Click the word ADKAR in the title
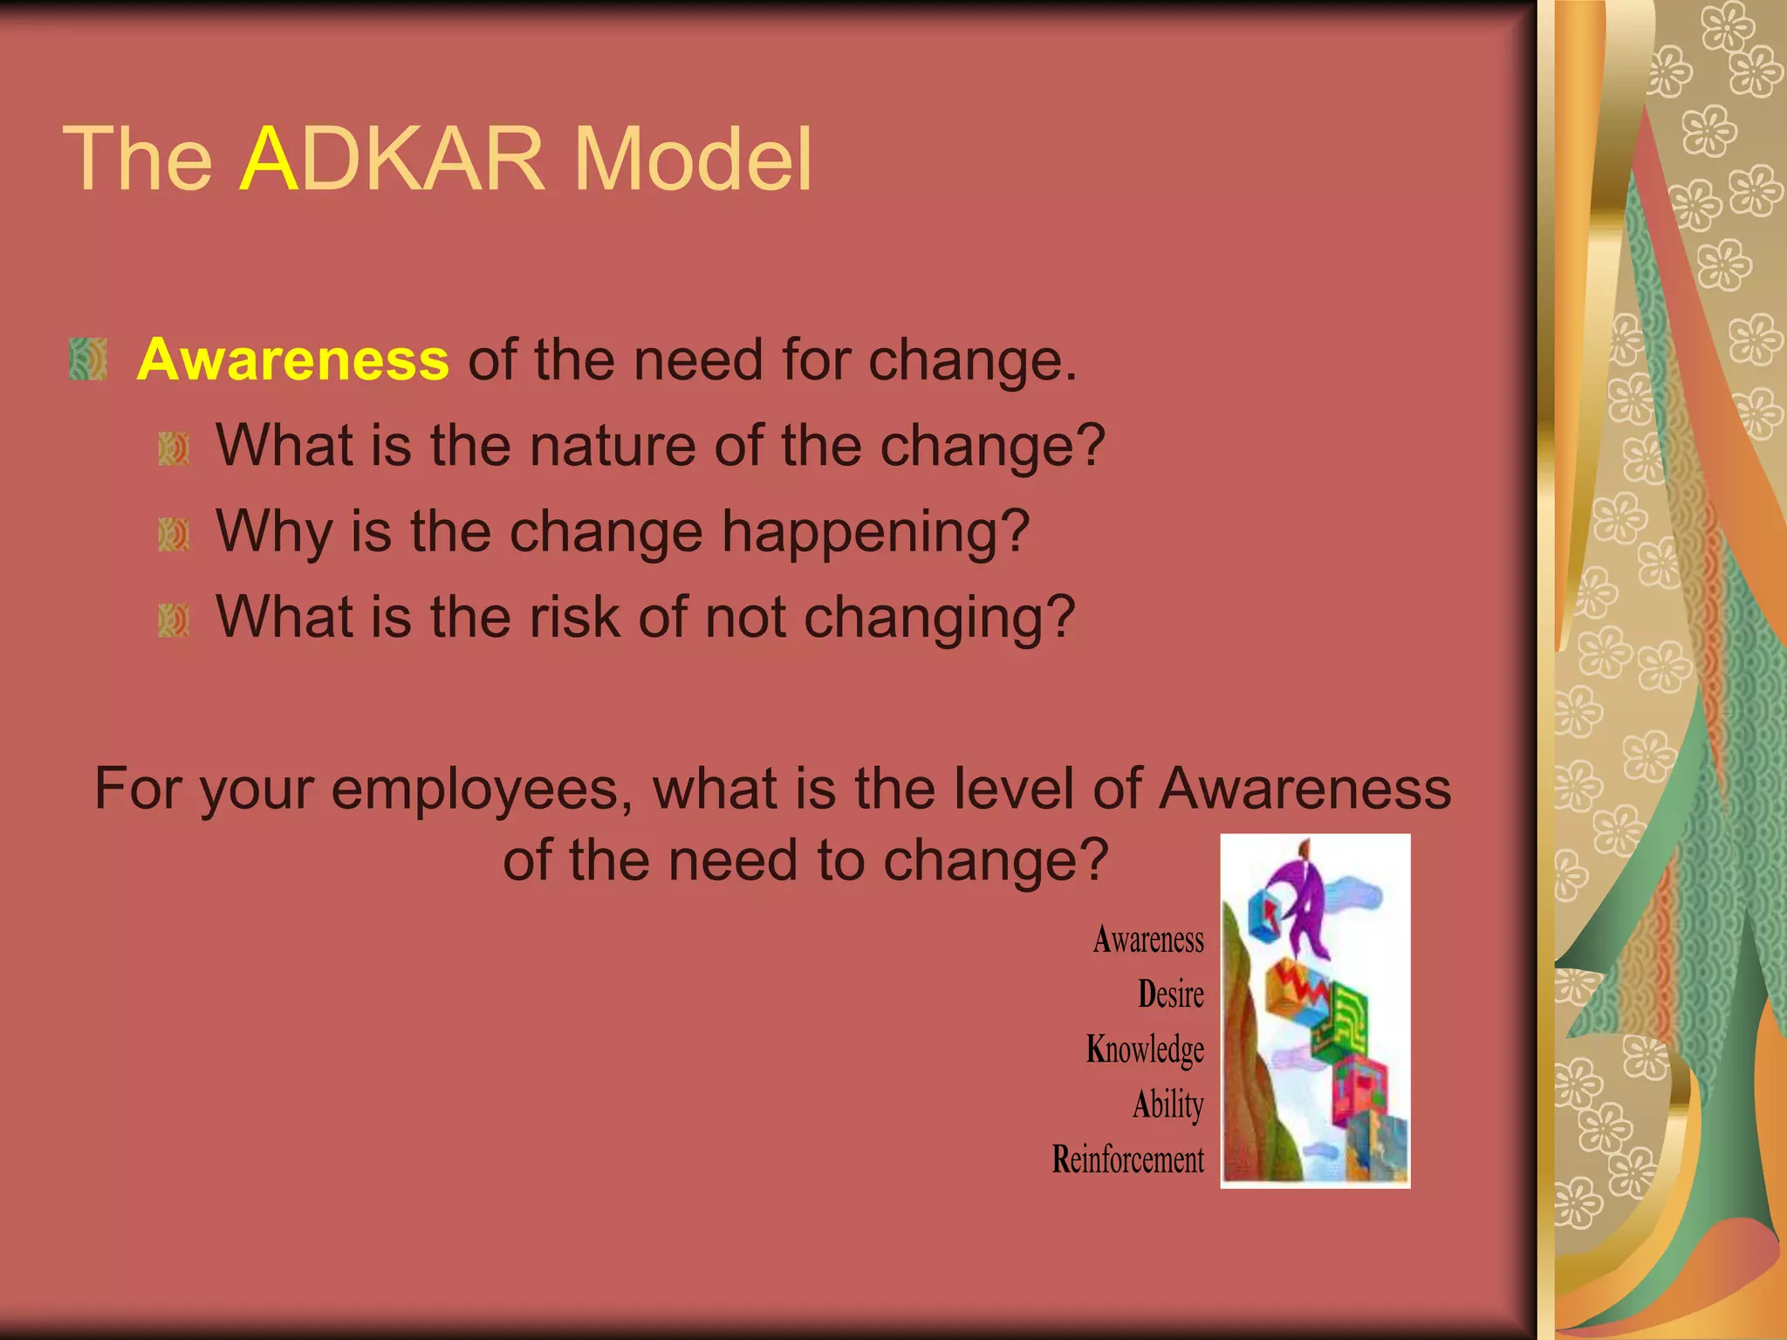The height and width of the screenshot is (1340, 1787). tap(391, 159)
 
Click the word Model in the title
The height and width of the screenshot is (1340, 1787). tap(693, 159)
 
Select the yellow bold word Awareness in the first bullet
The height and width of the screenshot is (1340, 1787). tap(293, 359)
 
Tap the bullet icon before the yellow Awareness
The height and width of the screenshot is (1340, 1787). tap(87, 359)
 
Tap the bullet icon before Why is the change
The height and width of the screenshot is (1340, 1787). tap(174, 534)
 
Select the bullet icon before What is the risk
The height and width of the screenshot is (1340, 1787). tap(174, 620)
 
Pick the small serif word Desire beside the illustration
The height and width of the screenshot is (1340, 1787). tap(1170, 995)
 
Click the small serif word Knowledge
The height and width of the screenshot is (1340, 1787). tap(1145, 1049)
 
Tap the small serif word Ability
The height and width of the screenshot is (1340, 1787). tap(1167, 1104)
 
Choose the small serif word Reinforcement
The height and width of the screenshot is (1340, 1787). tap(1127, 1159)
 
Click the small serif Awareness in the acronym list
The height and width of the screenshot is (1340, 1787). tap(1148, 940)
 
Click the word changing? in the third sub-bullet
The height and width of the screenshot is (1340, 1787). tap(939, 617)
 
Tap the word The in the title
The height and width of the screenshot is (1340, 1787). tap(138, 159)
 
